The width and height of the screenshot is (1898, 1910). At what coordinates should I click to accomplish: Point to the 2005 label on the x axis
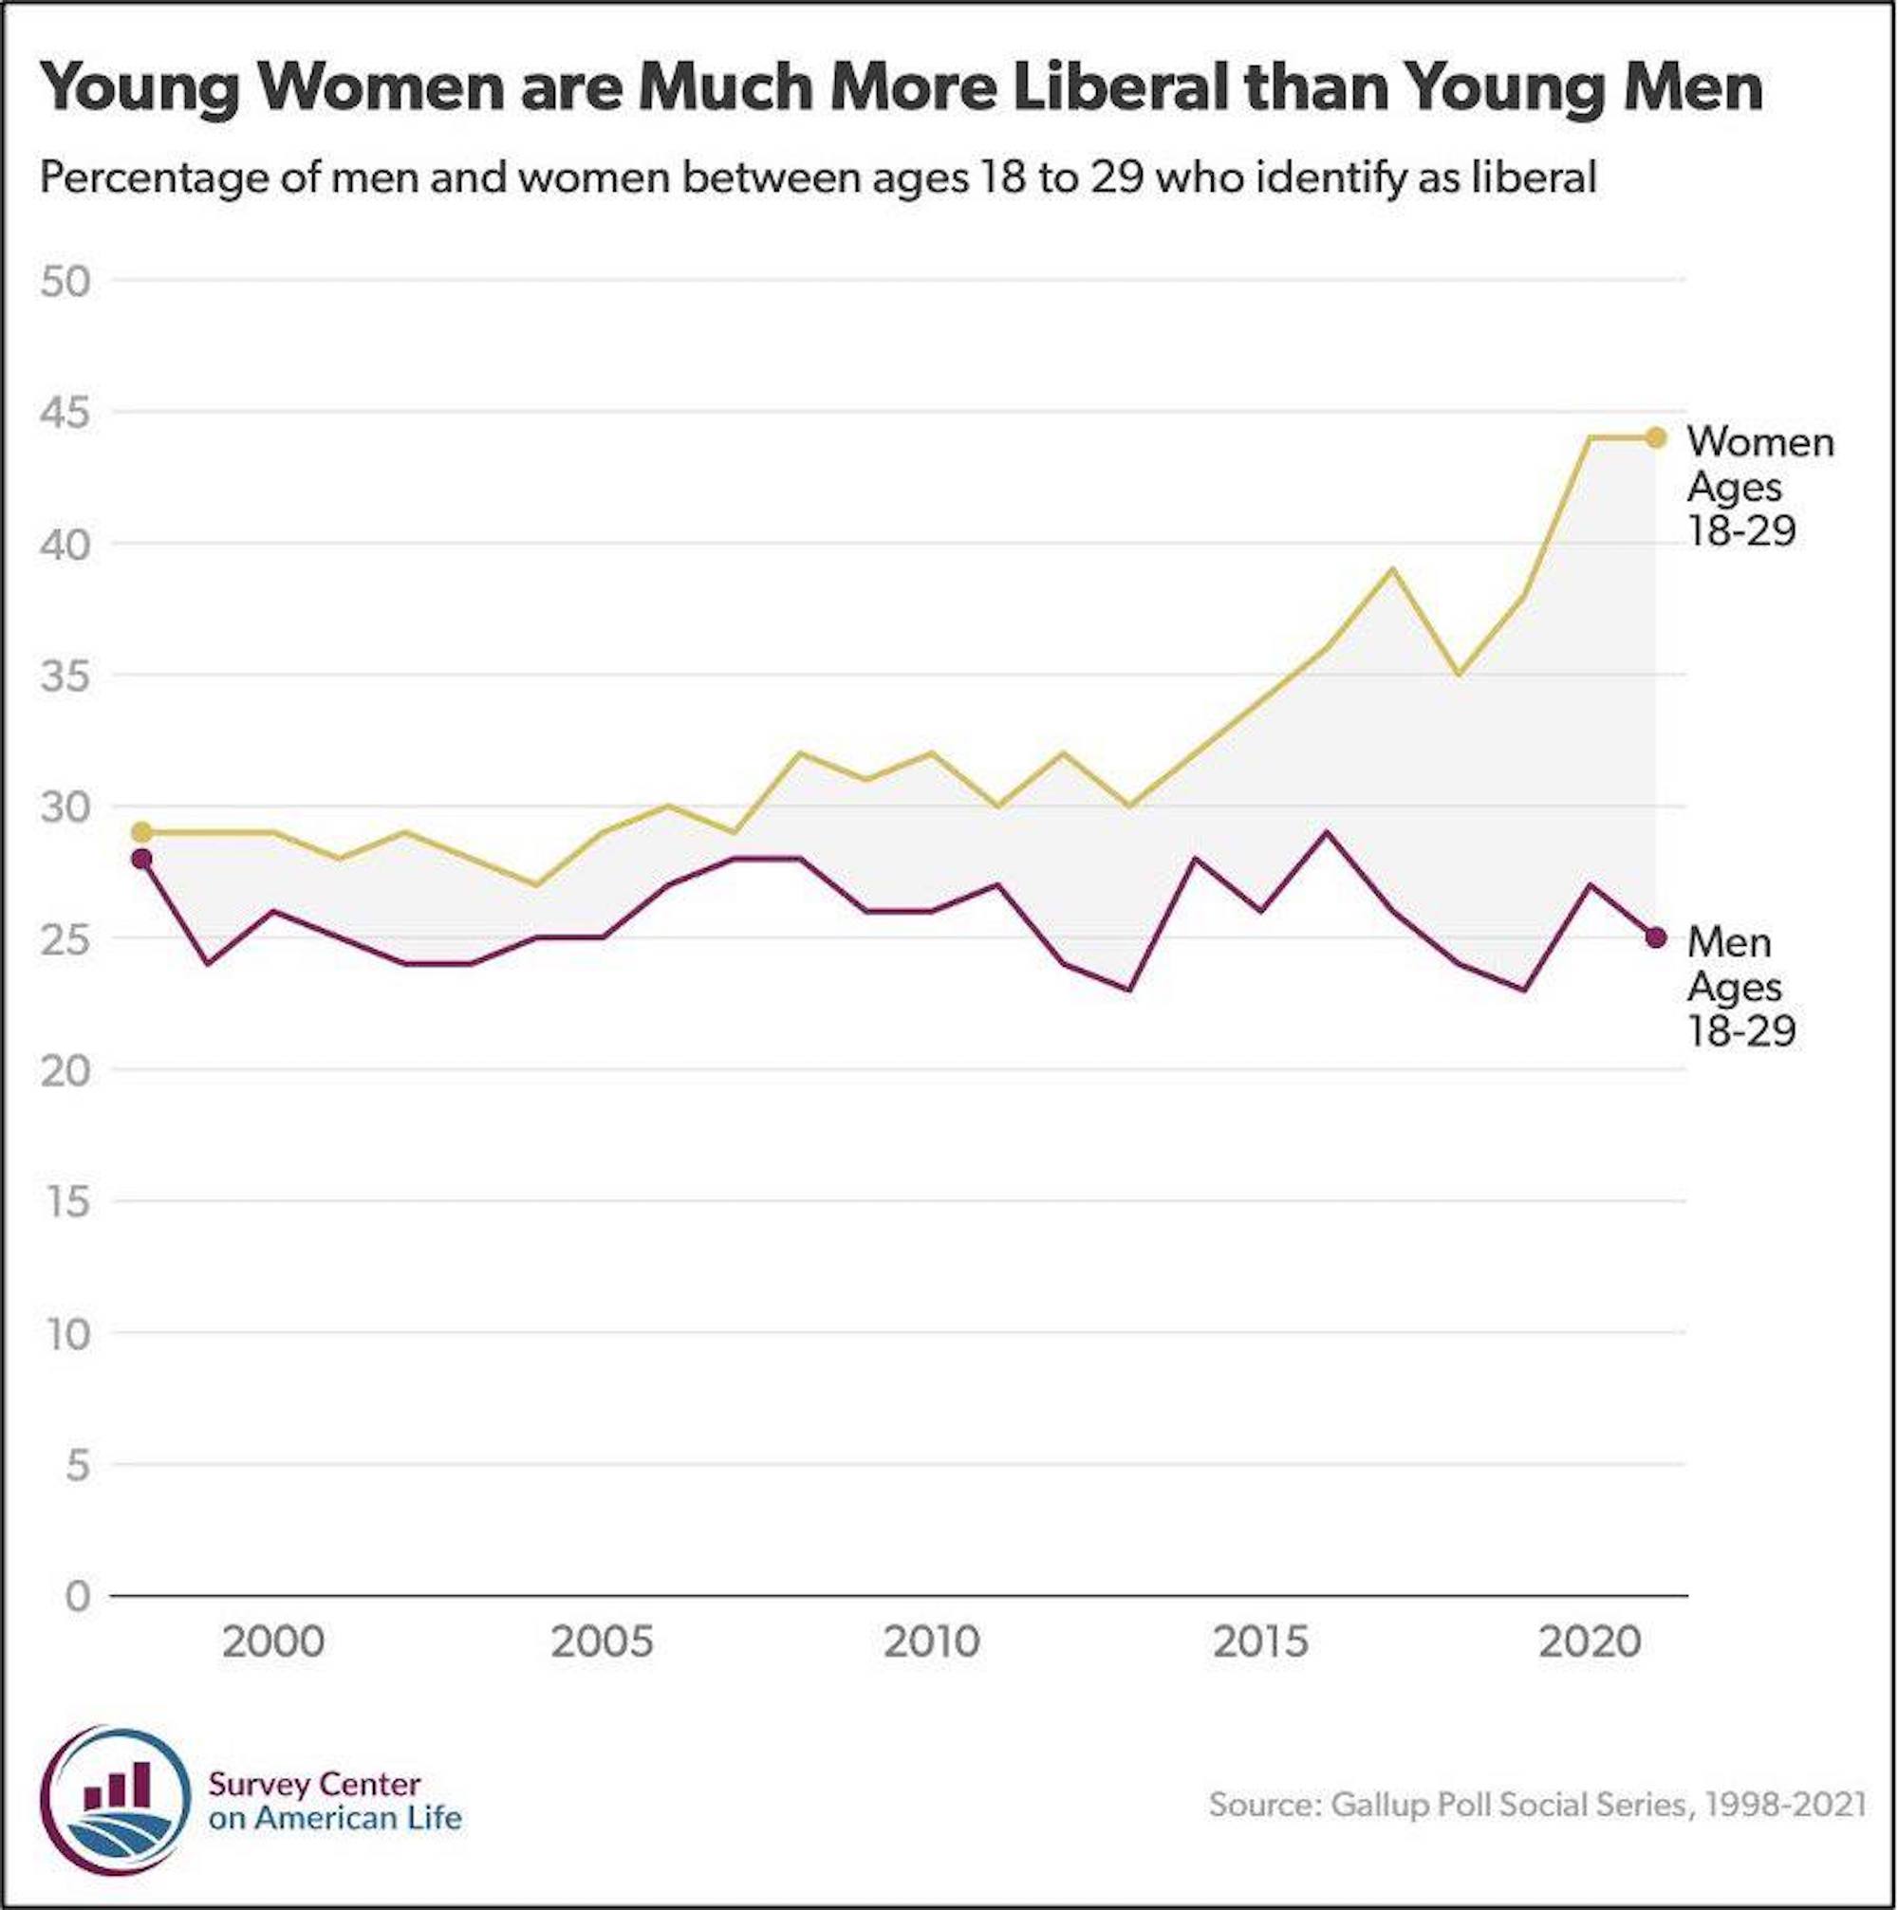[x=602, y=1643]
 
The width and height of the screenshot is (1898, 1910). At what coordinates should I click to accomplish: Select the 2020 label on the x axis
[x=1591, y=1643]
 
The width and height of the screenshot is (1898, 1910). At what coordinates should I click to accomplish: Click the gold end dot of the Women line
[x=1657, y=438]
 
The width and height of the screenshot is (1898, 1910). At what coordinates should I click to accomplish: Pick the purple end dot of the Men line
[x=1657, y=937]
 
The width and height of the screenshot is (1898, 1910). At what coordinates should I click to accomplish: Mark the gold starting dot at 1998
[x=142, y=831]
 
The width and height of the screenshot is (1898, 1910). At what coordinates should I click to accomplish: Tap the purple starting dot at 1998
[x=142, y=858]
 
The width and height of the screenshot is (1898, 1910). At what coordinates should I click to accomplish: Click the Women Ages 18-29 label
[x=1758, y=487]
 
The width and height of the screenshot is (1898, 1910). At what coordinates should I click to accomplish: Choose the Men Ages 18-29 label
[x=1740, y=987]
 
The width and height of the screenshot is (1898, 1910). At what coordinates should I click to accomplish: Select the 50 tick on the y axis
[x=65, y=283]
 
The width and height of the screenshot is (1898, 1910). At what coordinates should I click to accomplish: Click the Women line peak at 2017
[x=1393, y=569]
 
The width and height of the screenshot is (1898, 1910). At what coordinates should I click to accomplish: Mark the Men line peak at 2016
[x=1328, y=832]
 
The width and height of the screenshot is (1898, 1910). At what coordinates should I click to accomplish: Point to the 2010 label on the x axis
[x=931, y=1643]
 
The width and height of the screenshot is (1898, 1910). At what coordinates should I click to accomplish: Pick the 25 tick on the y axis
[x=65, y=939]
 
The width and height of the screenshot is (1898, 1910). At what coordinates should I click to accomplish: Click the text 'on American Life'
[x=335, y=1818]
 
